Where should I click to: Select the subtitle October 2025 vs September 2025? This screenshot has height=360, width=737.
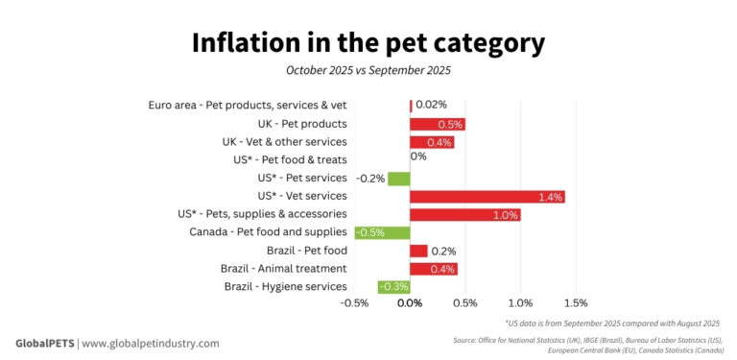(x=368, y=70)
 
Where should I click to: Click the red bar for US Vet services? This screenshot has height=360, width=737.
(x=487, y=197)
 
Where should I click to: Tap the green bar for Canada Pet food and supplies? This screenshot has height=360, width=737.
(x=382, y=233)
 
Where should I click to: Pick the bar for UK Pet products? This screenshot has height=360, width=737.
(x=437, y=124)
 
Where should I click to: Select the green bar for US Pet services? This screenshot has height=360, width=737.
(x=398, y=179)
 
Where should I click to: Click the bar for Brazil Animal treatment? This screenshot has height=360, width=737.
(x=433, y=269)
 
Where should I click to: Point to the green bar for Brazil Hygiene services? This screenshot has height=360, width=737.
(x=393, y=287)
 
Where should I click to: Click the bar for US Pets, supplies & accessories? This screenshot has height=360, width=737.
(x=464, y=215)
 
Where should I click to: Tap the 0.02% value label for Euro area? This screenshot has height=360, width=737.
(x=431, y=105)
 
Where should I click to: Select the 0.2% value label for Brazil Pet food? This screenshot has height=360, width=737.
(x=443, y=251)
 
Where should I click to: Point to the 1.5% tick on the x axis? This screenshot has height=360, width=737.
(x=575, y=303)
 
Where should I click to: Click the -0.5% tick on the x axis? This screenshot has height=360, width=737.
(x=354, y=303)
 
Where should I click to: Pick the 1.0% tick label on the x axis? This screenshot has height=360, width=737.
(x=520, y=303)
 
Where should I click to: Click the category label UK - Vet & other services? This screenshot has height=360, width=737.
(x=284, y=142)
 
